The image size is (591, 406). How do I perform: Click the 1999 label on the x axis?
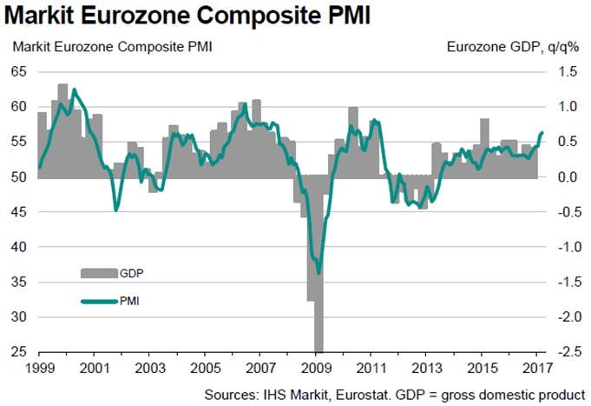[38, 368]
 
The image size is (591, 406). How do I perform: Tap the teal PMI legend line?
[99, 302]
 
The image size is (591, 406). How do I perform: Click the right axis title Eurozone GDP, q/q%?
[518, 46]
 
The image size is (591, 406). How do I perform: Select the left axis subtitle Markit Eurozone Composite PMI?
[110, 46]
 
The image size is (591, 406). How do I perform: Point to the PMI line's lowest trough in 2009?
[318, 272]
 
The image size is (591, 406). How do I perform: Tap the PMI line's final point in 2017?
[542, 133]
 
